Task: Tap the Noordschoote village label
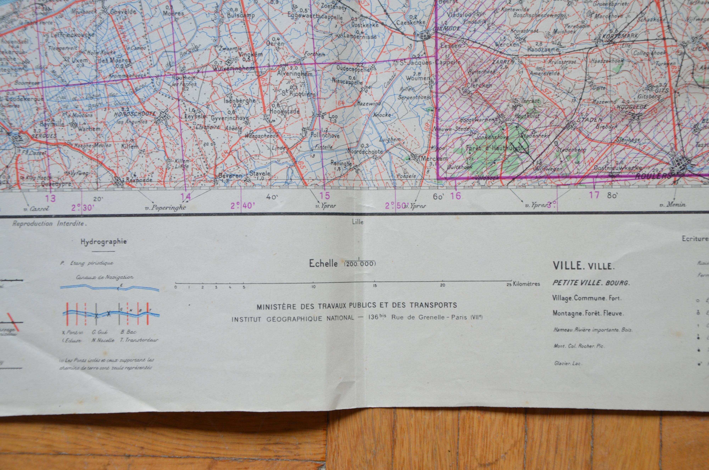[365, 152]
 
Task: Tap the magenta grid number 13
[50, 198]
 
